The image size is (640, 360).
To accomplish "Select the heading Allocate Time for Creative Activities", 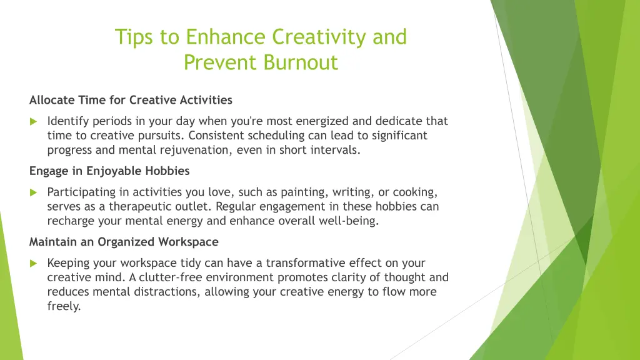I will coord(131,100).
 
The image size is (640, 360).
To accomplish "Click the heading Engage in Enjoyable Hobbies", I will coord(109,171).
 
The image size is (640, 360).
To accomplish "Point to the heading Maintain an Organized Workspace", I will coord(124,241).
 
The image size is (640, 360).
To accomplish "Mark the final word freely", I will coord(64,306).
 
